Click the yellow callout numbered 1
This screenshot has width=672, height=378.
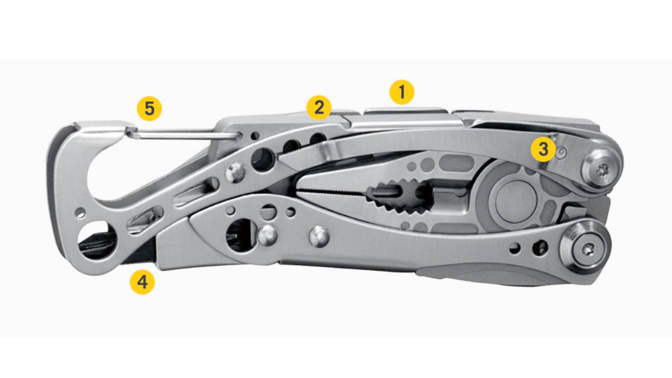coord(402,92)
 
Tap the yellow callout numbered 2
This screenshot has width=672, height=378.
coord(319,108)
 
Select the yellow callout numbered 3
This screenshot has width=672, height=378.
coord(543,149)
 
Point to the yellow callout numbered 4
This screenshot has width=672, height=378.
coord(142,282)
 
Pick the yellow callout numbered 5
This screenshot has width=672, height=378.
coord(149,108)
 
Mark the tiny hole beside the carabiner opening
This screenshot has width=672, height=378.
coord(80,212)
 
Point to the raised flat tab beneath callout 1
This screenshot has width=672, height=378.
coord(406,111)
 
